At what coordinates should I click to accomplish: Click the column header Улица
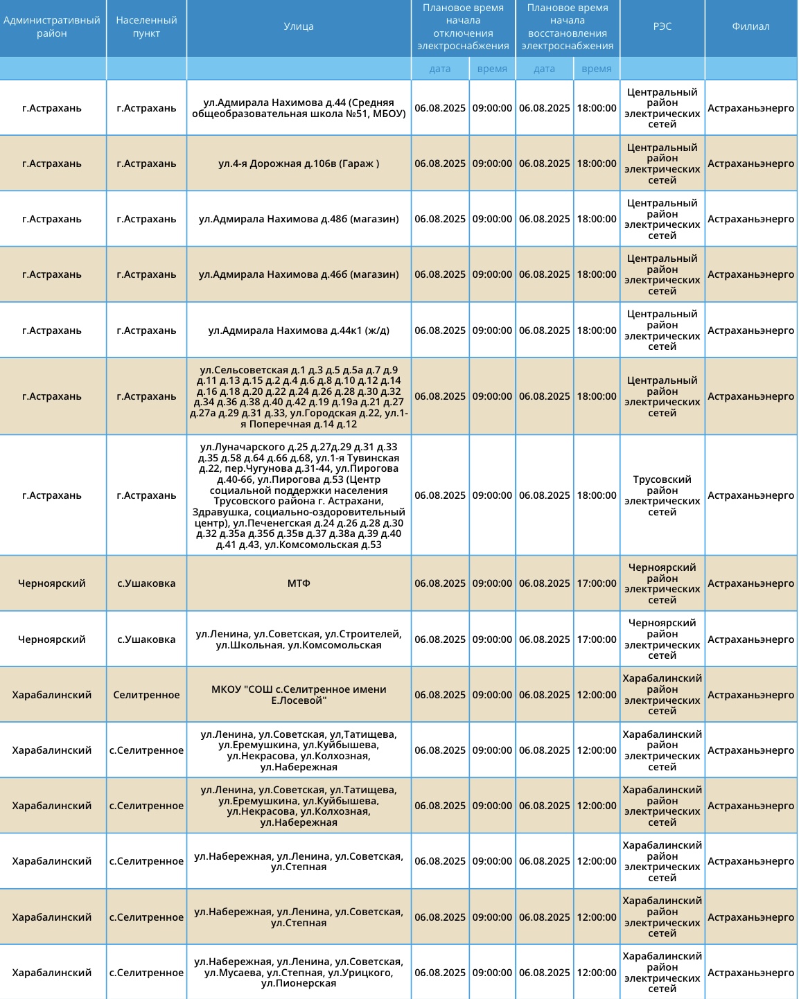(x=299, y=27)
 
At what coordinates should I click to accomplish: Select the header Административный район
(x=52, y=27)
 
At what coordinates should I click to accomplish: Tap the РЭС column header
(x=662, y=27)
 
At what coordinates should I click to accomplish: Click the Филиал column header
(x=750, y=27)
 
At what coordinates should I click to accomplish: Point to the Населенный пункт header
(x=146, y=27)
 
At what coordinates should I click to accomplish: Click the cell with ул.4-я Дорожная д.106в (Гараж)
(x=299, y=163)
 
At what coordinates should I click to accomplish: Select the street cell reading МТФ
(x=299, y=583)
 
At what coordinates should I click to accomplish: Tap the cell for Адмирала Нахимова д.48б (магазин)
(x=299, y=219)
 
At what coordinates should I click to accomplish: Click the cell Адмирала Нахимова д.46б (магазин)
(x=299, y=274)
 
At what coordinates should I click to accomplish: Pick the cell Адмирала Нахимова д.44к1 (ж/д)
(x=299, y=330)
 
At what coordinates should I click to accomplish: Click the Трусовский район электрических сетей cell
(x=662, y=495)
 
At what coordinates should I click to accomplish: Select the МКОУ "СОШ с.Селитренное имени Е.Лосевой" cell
(x=299, y=695)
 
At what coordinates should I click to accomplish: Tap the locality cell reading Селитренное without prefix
(x=146, y=695)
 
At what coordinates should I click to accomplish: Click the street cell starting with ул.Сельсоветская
(x=299, y=396)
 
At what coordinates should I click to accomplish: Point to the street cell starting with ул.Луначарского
(x=299, y=495)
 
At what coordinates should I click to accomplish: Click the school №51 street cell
(x=299, y=108)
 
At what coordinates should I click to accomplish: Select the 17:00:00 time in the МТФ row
(x=597, y=583)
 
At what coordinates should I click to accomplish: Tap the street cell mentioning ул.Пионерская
(x=299, y=973)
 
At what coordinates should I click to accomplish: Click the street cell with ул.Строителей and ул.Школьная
(x=299, y=639)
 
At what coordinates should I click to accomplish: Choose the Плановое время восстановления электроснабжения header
(x=568, y=27)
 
